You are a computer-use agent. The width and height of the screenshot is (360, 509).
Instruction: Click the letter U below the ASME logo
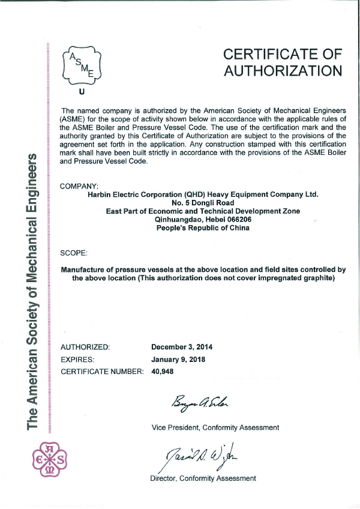point(82,93)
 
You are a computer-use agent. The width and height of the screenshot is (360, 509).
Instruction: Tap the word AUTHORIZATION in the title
point(283,71)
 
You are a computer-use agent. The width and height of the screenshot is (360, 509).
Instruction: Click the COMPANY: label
point(80,186)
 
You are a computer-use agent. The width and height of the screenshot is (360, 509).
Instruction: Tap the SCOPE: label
point(75,253)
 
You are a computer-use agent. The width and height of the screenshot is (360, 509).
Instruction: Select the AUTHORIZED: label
point(86,347)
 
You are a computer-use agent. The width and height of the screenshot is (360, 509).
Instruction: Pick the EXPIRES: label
point(79,360)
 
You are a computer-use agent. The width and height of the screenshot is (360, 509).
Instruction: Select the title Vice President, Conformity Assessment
point(215,427)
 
